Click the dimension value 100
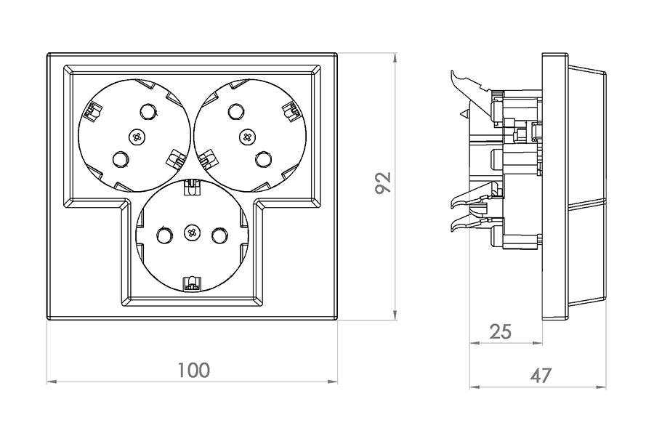(193, 370)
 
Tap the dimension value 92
(383, 182)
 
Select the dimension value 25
(500, 331)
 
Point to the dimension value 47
(540, 376)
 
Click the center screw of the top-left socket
(137, 135)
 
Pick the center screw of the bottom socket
(192, 233)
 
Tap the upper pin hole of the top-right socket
(233, 111)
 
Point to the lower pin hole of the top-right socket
(263, 158)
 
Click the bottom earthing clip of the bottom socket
(192, 283)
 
